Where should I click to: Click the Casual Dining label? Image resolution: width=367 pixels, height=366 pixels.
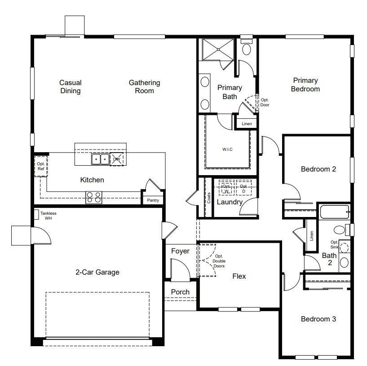click(x=71, y=86)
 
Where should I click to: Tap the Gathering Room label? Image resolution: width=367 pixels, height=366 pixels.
click(x=144, y=86)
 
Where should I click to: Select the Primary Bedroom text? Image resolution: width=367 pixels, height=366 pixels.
click(x=305, y=85)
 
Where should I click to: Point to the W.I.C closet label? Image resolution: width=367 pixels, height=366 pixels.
click(x=227, y=149)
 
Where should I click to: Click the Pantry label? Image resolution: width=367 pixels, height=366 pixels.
click(x=153, y=200)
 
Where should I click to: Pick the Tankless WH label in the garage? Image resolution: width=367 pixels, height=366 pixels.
click(x=48, y=216)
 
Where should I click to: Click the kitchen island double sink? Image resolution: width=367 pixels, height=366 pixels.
click(x=101, y=159)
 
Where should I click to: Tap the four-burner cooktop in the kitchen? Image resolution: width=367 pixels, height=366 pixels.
click(x=93, y=197)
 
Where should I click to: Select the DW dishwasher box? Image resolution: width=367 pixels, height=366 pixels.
click(x=116, y=159)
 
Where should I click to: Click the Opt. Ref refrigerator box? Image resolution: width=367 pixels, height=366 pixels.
click(x=41, y=166)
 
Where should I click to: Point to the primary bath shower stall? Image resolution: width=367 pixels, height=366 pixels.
click(x=218, y=50)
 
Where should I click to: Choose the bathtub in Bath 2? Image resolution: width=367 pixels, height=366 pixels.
click(x=335, y=212)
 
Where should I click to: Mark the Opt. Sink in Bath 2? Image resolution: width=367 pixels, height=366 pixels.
click(x=344, y=248)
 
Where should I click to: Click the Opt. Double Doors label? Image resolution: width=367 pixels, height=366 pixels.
click(x=219, y=261)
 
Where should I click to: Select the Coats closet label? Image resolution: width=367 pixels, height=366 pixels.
click(x=209, y=198)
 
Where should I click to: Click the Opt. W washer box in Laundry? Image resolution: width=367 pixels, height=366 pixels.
click(x=226, y=188)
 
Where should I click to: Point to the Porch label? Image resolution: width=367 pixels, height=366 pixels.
click(x=180, y=292)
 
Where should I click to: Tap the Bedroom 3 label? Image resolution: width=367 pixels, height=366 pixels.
click(x=318, y=319)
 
